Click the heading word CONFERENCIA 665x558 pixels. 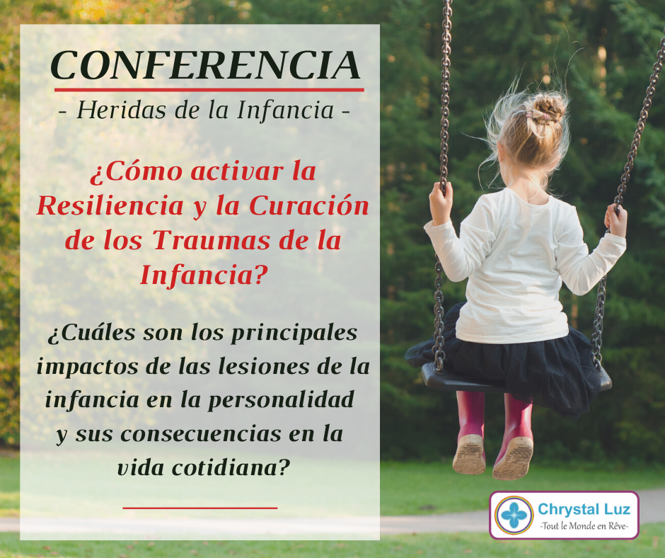[205, 65]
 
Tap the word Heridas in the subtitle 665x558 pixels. [121, 110]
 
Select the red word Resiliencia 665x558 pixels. [110, 206]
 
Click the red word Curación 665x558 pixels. [308, 206]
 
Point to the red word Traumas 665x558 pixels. [212, 240]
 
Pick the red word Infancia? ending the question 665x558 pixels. [204, 275]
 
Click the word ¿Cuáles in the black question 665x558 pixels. [91, 333]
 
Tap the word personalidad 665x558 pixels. [281, 400]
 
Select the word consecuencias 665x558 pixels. [201, 434]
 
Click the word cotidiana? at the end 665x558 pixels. [231, 467]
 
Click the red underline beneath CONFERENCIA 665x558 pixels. [209, 90]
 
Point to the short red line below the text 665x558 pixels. [200, 508]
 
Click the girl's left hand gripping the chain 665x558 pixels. [441, 203]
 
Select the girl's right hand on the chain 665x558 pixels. [615, 221]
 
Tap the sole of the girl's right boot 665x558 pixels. [513, 459]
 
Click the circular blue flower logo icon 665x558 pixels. [514, 515]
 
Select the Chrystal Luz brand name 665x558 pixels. [584, 508]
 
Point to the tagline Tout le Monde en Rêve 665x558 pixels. [584, 525]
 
